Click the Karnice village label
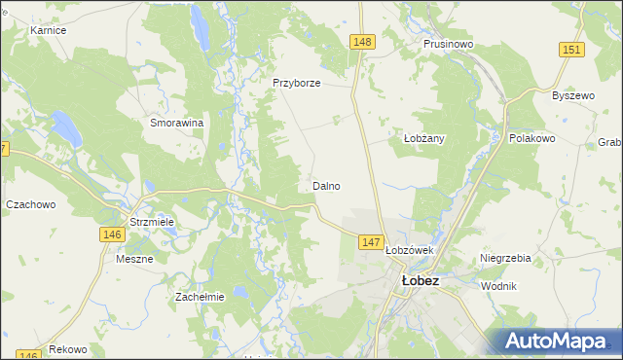click(48, 30)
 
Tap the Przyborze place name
click(297, 83)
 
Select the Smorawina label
click(176, 124)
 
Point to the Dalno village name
click(326, 185)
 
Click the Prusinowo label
click(448, 44)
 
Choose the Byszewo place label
click(572, 95)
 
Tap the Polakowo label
click(531, 138)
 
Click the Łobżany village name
click(423, 138)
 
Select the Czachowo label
click(31, 204)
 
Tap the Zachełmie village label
click(200, 297)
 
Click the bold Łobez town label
click(421, 280)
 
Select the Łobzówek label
click(409, 249)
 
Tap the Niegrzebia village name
click(505, 258)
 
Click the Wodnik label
click(498, 286)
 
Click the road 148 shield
click(362, 41)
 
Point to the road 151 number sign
click(571, 50)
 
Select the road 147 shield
click(370, 241)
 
